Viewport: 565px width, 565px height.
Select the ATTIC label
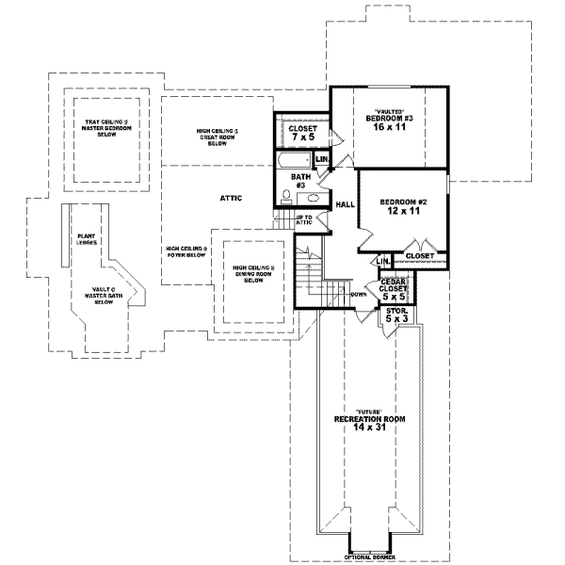(x=232, y=198)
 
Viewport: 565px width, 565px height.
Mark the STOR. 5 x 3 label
(x=396, y=315)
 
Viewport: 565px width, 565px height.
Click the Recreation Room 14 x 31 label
(x=363, y=422)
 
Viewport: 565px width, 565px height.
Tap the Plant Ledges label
(x=88, y=239)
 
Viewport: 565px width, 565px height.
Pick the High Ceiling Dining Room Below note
(x=252, y=274)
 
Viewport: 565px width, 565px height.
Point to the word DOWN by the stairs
(x=358, y=294)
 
